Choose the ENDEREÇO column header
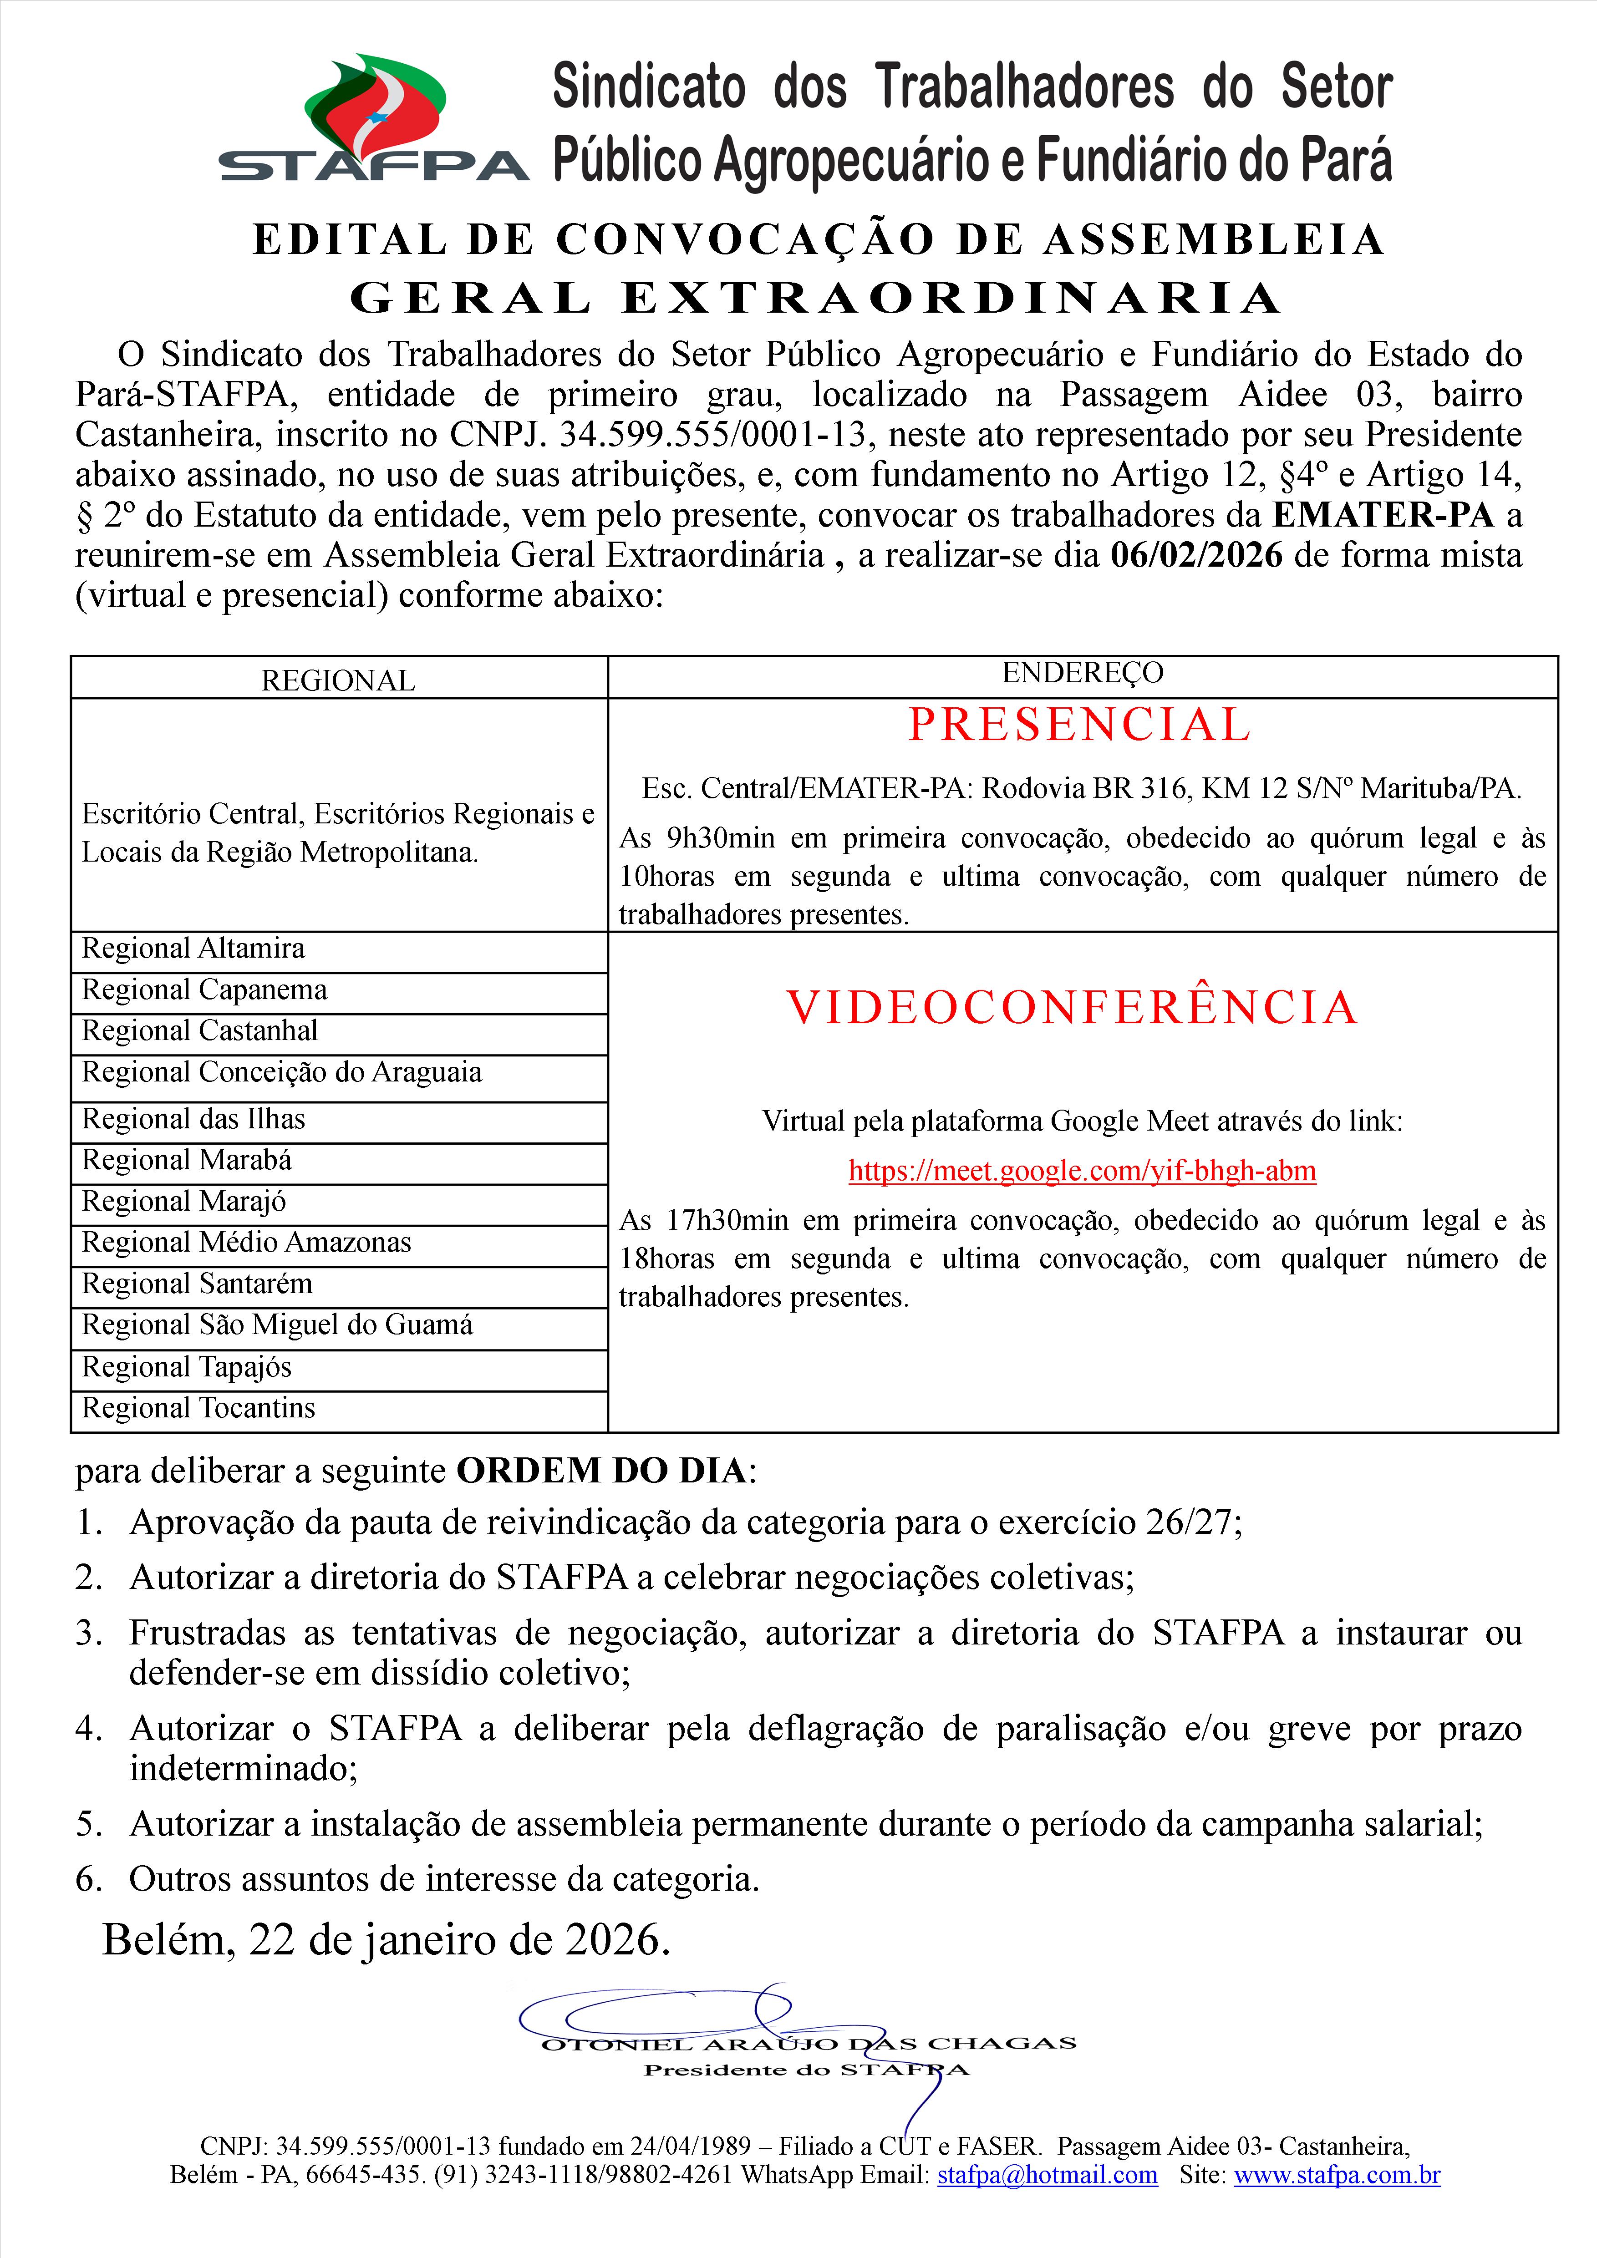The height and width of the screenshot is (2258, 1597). (x=1082, y=673)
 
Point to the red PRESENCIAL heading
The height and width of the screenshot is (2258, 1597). (x=1079, y=725)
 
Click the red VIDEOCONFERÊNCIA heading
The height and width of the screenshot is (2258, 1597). (x=1072, y=1007)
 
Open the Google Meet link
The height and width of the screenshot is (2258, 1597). (x=1082, y=1170)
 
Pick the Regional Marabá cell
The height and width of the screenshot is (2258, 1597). (x=187, y=1161)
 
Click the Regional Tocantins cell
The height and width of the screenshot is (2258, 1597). (x=198, y=1408)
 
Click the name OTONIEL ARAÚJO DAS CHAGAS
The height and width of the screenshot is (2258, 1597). (x=809, y=2044)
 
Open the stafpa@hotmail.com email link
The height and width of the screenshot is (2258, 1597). (x=1048, y=2174)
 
